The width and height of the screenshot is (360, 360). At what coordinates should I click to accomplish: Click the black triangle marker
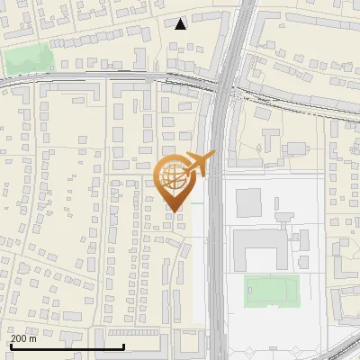pyautogui.click(x=181, y=23)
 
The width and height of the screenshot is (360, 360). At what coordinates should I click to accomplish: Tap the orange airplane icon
pyautogui.click(x=197, y=166)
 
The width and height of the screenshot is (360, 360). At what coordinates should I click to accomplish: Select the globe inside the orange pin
pyautogui.click(x=173, y=177)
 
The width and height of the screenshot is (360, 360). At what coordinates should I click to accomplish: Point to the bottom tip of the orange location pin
pyautogui.click(x=174, y=211)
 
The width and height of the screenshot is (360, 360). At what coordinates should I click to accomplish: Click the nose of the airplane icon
pyautogui.click(x=214, y=154)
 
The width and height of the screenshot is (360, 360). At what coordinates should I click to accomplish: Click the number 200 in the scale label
pyautogui.click(x=20, y=338)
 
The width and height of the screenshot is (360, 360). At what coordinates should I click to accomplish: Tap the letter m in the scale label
pyautogui.click(x=34, y=338)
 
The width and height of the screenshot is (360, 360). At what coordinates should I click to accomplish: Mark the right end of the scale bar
pyautogui.click(x=123, y=346)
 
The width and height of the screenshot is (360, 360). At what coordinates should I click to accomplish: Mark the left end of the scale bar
pyautogui.click(x=10, y=346)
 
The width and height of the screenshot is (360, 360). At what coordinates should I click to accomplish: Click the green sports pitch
pyautogui.click(x=271, y=290)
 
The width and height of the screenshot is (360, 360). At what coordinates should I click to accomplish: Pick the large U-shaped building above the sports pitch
pyautogui.click(x=261, y=248)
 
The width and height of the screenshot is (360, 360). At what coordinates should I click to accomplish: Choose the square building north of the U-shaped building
pyautogui.click(x=248, y=198)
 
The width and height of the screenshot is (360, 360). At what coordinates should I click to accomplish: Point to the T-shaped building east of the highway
pyautogui.click(x=271, y=139)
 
